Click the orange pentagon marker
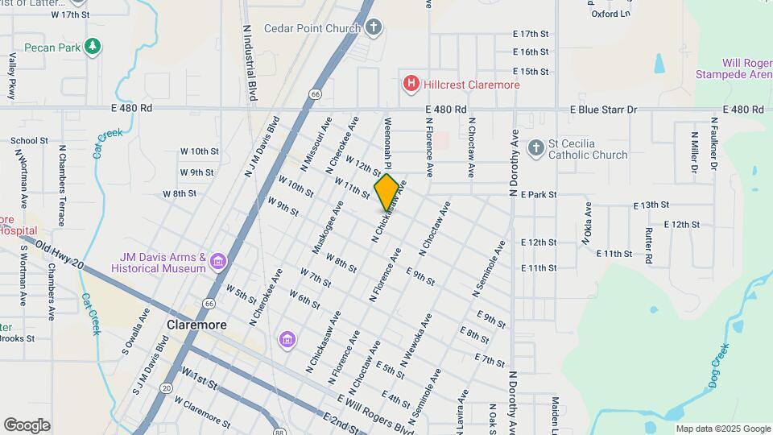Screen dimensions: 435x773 coord(386,193)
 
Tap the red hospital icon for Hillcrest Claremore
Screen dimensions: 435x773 coord(411,83)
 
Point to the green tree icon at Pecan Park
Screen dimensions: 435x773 coord(93,47)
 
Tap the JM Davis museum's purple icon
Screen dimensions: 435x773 coord(217,262)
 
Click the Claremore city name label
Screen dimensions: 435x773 coord(196,325)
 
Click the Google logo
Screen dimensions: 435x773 coord(27,425)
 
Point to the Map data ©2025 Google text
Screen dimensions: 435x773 coord(722,429)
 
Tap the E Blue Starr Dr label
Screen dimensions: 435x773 coord(603,110)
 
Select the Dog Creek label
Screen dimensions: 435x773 coord(719,367)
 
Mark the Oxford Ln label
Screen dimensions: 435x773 coord(610,14)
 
